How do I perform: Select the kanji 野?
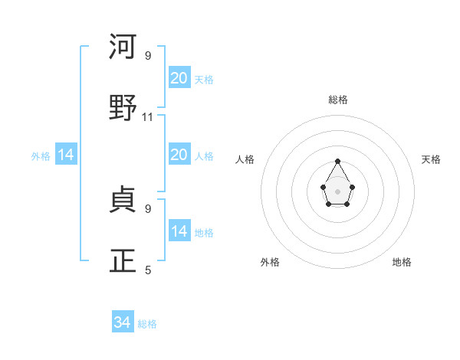pyautogui.click(x=123, y=106)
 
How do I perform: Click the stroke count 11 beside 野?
pyautogui.click(x=148, y=117)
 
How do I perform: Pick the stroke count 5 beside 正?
pyautogui.click(x=148, y=270)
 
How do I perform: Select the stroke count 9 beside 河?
pyautogui.click(x=148, y=56)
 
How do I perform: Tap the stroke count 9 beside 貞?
pyautogui.click(x=148, y=208)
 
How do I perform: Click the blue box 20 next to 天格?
pyautogui.click(x=179, y=78)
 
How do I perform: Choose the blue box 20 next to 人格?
pyautogui.click(x=179, y=155)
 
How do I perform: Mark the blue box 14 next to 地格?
pyautogui.click(x=179, y=231)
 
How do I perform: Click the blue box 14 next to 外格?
pyautogui.click(x=66, y=155)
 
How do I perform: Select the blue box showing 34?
pyautogui.click(x=123, y=322)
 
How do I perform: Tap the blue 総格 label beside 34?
pyautogui.click(x=147, y=324)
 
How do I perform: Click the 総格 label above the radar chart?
pyautogui.click(x=338, y=100)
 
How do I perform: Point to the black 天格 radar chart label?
pyautogui.click(x=432, y=159)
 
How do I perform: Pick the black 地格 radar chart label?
pyautogui.click(x=402, y=262)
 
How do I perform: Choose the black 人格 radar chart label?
pyautogui.click(x=245, y=159)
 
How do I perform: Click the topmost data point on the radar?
pyautogui.click(x=338, y=161)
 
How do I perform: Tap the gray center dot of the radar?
pyautogui.click(x=338, y=190)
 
